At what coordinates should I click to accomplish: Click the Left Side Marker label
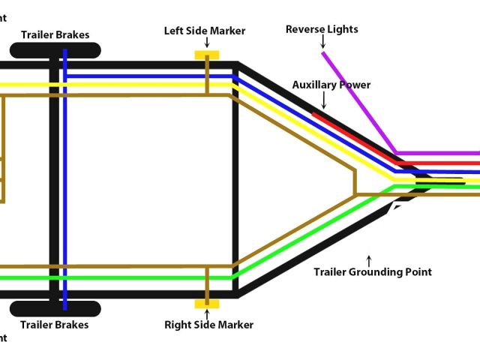click(x=204, y=31)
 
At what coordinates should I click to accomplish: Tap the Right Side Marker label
click(x=208, y=325)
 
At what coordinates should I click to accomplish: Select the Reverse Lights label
click(x=322, y=29)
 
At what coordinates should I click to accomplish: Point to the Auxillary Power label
click(x=331, y=85)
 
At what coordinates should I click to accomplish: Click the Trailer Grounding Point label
click(x=372, y=271)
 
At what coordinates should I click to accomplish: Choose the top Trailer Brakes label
click(x=55, y=34)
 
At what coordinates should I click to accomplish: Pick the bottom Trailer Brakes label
click(x=55, y=325)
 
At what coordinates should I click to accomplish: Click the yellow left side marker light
click(x=206, y=55)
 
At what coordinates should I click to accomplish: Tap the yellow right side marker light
click(x=206, y=304)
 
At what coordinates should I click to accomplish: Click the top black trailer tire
click(x=55, y=51)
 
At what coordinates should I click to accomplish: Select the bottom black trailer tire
click(x=55, y=308)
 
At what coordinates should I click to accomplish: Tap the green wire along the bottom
click(x=150, y=277)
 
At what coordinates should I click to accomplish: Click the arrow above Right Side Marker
click(x=206, y=314)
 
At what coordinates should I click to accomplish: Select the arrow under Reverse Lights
click(x=322, y=43)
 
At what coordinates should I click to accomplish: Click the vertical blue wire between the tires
click(x=64, y=180)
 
